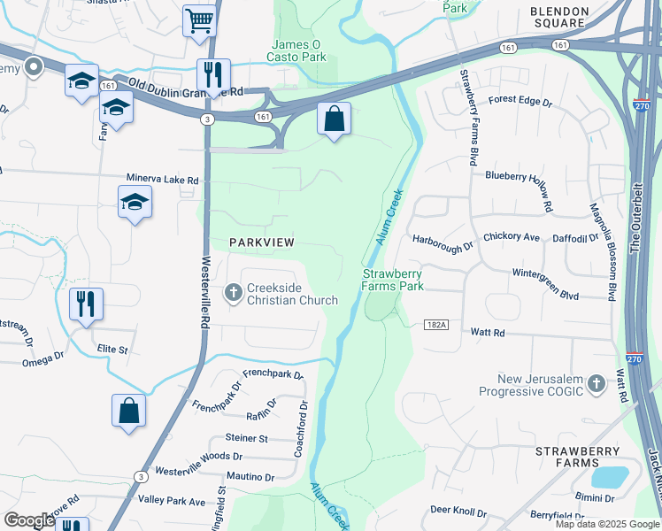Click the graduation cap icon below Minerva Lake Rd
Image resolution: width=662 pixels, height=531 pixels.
point(135,202)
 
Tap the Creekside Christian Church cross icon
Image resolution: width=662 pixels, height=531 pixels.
point(234,293)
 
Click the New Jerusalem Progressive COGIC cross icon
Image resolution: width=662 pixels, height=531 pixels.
point(597,384)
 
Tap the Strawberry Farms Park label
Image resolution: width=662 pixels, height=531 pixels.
point(392,280)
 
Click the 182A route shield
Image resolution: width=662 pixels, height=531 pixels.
point(436,326)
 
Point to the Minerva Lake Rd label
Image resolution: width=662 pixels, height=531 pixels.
point(163,180)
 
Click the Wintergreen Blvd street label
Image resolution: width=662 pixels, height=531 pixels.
point(544,276)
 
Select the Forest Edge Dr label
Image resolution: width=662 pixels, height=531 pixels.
point(520,102)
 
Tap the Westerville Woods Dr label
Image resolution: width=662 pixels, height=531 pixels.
point(198,457)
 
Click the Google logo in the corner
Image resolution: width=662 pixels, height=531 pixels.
point(28,520)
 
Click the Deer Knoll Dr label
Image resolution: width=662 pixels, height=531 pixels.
point(458,512)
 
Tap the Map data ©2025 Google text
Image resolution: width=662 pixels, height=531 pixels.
point(607,524)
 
